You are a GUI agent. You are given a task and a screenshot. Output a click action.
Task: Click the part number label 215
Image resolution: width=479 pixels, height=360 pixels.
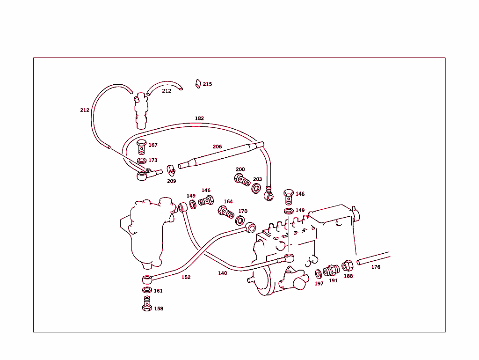point(207,84)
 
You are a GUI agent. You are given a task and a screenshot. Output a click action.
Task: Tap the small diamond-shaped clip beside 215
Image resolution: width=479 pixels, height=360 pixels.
point(198,84)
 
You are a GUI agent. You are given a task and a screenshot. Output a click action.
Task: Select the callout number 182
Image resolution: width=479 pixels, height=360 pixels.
point(199,118)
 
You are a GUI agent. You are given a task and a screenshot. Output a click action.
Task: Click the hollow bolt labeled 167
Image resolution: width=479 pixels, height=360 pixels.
point(142,147)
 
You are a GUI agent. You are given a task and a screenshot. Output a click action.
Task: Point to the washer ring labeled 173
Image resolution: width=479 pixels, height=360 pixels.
point(142,161)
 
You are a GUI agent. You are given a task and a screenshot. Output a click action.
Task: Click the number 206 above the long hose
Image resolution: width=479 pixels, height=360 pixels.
point(217,147)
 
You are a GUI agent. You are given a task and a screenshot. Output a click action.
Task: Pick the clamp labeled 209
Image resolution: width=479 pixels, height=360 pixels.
point(171,169)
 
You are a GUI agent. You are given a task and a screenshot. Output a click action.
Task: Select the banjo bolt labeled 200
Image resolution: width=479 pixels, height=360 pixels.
point(241,180)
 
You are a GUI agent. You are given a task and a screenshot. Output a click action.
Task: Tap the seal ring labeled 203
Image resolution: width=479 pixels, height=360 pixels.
point(256,188)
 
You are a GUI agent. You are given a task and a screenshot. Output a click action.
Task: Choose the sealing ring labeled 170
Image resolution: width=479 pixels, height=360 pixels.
point(240,220)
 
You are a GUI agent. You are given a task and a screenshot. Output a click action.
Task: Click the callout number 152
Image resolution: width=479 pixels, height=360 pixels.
point(186,277)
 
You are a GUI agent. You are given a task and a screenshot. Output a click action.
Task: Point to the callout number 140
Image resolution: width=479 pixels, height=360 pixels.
point(222,273)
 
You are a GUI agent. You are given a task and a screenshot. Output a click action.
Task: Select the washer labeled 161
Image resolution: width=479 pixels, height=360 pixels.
point(147,291)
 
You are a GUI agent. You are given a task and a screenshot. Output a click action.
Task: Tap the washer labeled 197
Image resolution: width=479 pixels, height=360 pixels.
point(318,273)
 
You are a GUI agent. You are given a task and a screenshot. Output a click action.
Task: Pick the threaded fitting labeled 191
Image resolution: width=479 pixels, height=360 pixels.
point(331,271)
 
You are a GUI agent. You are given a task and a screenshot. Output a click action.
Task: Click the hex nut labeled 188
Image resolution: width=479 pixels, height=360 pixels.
point(347,266)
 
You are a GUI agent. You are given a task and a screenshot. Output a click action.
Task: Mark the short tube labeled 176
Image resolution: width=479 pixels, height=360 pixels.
point(373,258)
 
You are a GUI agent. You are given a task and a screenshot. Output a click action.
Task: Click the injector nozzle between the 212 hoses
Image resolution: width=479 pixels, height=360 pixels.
point(141,111)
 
